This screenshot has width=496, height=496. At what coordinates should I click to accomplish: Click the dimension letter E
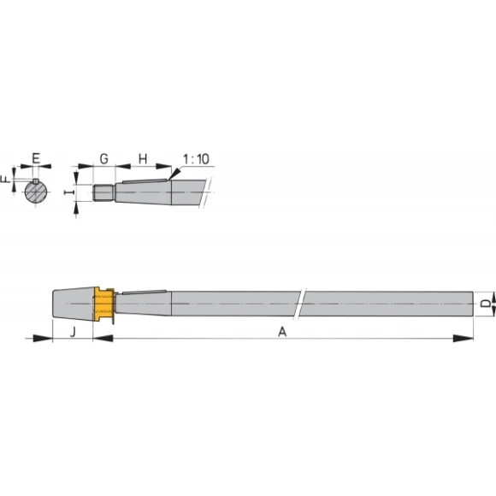[x=36, y=158]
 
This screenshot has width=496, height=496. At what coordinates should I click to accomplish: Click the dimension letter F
[x=6, y=180]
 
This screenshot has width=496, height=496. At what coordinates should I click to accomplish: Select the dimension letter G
[x=103, y=158]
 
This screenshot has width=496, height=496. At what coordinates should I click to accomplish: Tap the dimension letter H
[x=143, y=158]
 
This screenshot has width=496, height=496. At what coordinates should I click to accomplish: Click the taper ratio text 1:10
[x=195, y=159]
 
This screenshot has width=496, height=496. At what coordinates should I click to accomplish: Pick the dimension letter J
[x=73, y=330]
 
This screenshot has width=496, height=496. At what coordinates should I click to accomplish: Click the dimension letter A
[x=282, y=332]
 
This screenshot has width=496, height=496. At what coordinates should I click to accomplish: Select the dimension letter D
[x=484, y=304]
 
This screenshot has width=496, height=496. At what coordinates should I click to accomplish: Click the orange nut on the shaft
[x=103, y=305]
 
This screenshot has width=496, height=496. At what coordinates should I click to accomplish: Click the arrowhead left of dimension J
[x=43, y=340]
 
